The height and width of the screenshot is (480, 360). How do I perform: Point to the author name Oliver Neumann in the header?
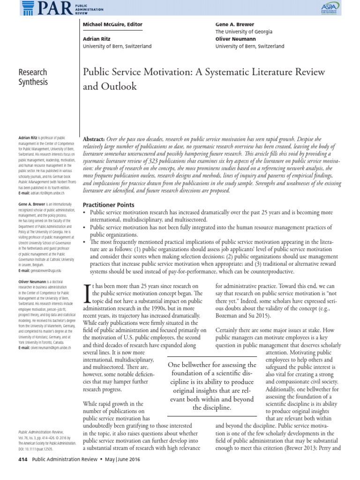[x=235, y=39]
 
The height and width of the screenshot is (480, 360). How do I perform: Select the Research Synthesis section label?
[x=32, y=77]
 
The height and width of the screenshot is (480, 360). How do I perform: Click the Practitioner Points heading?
[x=108, y=205]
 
